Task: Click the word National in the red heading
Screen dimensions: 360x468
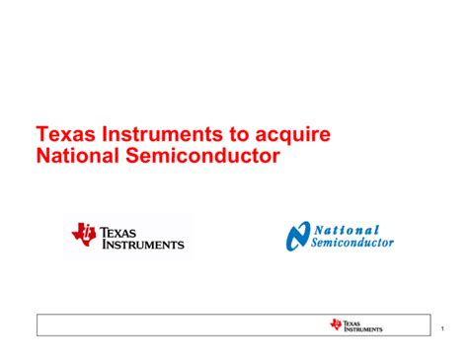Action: point(76,156)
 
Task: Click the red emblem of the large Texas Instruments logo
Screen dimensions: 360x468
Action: point(84,235)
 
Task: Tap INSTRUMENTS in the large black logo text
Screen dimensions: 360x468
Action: point(142,244)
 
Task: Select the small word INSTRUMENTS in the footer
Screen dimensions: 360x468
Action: point(363,329)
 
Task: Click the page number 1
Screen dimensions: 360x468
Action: point(445,327)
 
